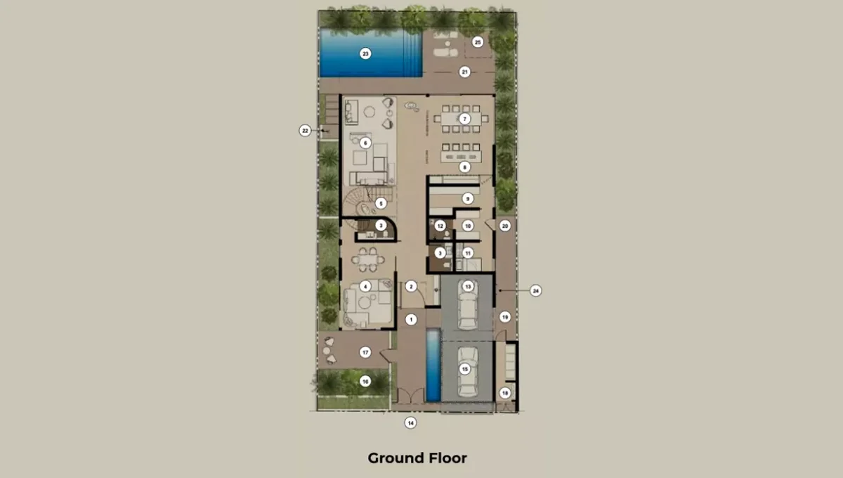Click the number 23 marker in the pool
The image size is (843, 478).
pyautogui.click(x=365, y=53)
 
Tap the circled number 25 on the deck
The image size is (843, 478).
pyautogui.click(x=478, y=42)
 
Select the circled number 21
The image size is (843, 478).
pyautogui.click(x=464, y=72)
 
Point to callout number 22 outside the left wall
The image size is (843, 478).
pyautogui.click(x=305, y=130)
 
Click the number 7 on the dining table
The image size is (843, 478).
pyautogui.click(x=464, y=119)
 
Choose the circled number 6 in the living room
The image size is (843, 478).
pyautogui.click(x=365, y=143)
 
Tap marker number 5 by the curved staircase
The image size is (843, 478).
pyautogui.click(x=380, y=203)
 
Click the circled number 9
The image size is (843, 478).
pyautogui.click(x=466, y=199)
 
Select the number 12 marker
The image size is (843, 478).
pyautogui.click(x=440, y=226)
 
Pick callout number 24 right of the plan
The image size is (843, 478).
pyautogui.click(x=535, y=290)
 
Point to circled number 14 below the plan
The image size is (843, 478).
pyautogui.click(x=410, y=422)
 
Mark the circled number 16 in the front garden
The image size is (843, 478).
pyautogui.click(x=365, y=381)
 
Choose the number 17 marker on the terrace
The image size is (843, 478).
pyautogui.click(x=365, y=351)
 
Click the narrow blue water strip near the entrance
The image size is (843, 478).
pyautogui.click(x=433, y=366)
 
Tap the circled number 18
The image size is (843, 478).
pyautogui.click(x=504, y=393)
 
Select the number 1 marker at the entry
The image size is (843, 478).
pyautogui.click(x=412, y=320)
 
